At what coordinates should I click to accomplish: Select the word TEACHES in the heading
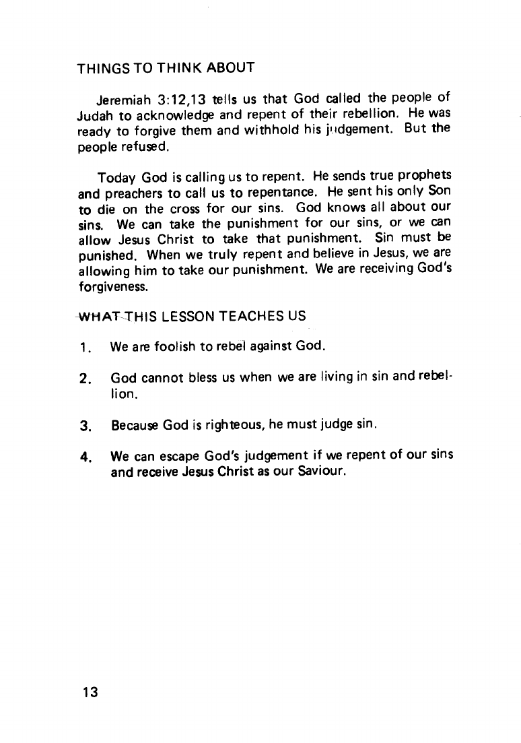256,315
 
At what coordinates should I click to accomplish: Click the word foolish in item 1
162,348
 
